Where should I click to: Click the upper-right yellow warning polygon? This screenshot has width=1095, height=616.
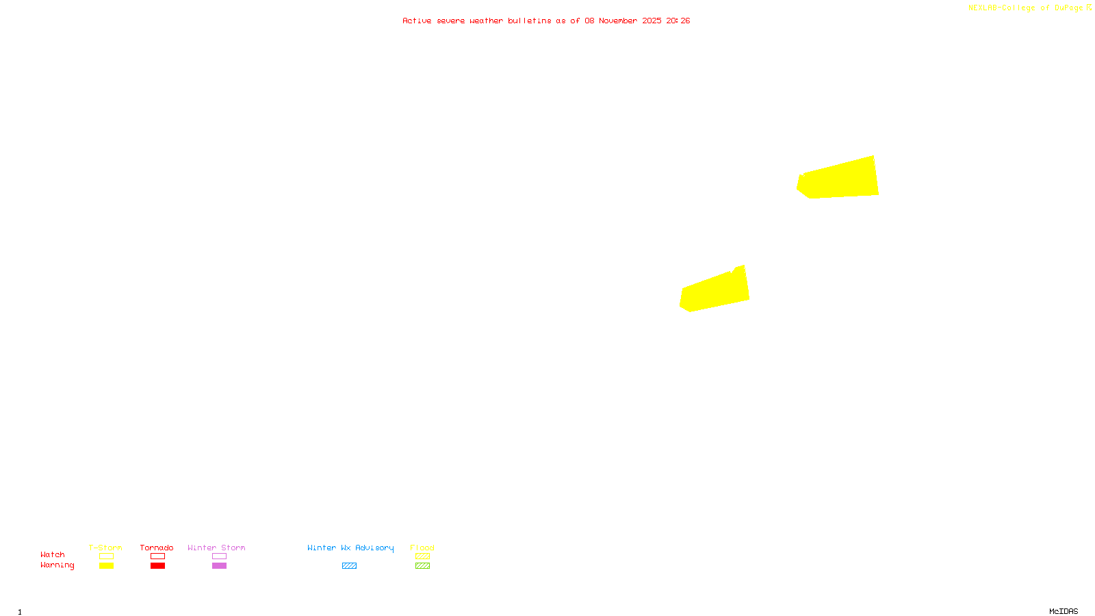point(840,179)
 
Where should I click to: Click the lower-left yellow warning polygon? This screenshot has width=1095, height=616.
point(715,291)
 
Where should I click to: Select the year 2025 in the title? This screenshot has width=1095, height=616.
point(652,21)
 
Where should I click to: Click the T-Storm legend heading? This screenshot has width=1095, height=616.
point(105,548)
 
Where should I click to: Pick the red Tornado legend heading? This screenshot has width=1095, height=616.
point(157,548)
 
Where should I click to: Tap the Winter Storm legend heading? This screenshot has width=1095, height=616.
point(216,548)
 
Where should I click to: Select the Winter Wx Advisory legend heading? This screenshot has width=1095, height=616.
point(350,548)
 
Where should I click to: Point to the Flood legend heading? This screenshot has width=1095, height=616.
point(422,548)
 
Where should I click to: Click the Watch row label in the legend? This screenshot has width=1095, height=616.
point(53,554)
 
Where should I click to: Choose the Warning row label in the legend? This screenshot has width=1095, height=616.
point(57,565)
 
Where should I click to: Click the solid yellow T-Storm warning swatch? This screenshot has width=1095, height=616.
point(106,566)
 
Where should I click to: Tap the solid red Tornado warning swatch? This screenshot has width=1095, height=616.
point(158,566)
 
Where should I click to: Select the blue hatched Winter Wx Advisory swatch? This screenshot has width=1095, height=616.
point(349,566)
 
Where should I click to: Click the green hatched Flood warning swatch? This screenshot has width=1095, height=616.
point(422,566)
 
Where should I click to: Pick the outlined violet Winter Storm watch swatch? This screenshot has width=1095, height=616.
point(219,556)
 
